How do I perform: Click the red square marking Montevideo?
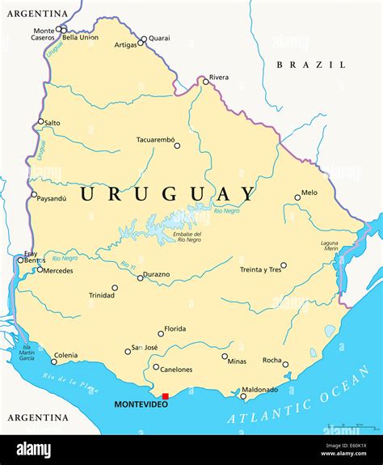166,396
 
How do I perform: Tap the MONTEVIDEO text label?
141,404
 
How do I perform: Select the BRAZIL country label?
311,64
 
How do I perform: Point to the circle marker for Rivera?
205,81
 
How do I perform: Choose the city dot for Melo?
297,197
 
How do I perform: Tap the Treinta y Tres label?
260,269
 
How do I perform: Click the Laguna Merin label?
329,247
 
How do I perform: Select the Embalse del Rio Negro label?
187,236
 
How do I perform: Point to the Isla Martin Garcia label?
27,353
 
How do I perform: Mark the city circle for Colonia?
54,361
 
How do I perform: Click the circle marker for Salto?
40,122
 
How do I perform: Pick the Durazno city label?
157,274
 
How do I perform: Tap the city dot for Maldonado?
243,395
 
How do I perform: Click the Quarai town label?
159,38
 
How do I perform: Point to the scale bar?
349,424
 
